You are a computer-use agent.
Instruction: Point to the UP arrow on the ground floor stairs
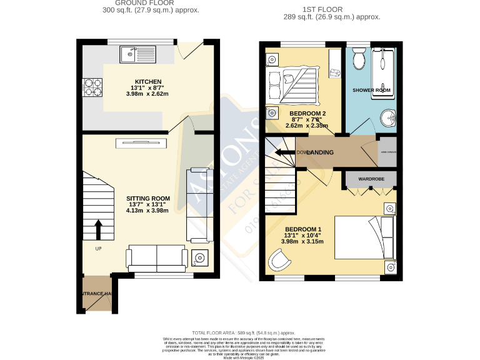pos(97,228)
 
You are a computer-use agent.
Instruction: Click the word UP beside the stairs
pos(98,249)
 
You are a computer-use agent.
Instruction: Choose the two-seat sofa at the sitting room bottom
pos(156,257)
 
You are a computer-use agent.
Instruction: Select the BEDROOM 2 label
pos(307,113)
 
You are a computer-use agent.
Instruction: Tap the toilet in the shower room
pos(359,59)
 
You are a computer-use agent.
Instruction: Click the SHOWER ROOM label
pos(371,90)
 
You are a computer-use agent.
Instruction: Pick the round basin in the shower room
pos(388,117)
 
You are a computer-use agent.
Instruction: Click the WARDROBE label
pos(371,179)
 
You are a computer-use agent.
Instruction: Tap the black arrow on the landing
pos(287,152)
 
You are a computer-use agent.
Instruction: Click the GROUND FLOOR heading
pos(139,4)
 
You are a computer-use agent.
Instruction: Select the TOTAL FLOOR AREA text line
pos(244,333)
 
